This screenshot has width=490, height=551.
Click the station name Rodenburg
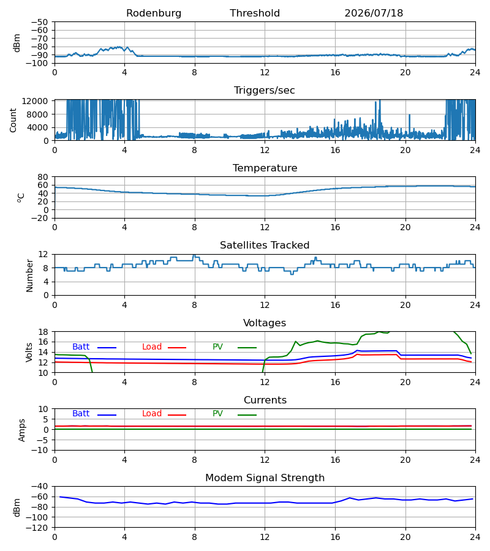[154, 13]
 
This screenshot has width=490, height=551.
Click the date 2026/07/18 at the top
[374, 13]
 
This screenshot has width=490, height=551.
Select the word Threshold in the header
[255, 13]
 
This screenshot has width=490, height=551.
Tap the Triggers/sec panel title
[265, 91]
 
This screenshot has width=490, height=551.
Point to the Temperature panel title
[265, 168]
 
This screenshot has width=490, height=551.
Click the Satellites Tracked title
[265, 246]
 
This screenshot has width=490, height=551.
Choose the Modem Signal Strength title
[265, 478]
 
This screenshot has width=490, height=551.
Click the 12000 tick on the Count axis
[34, 101]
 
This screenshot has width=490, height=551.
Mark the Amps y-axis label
[22, 430]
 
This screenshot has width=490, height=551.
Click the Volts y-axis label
[29, 353]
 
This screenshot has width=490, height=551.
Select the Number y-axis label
[29, 275]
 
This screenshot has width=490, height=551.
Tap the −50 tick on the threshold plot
[39, 22]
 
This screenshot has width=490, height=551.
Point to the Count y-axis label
[13, 120]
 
